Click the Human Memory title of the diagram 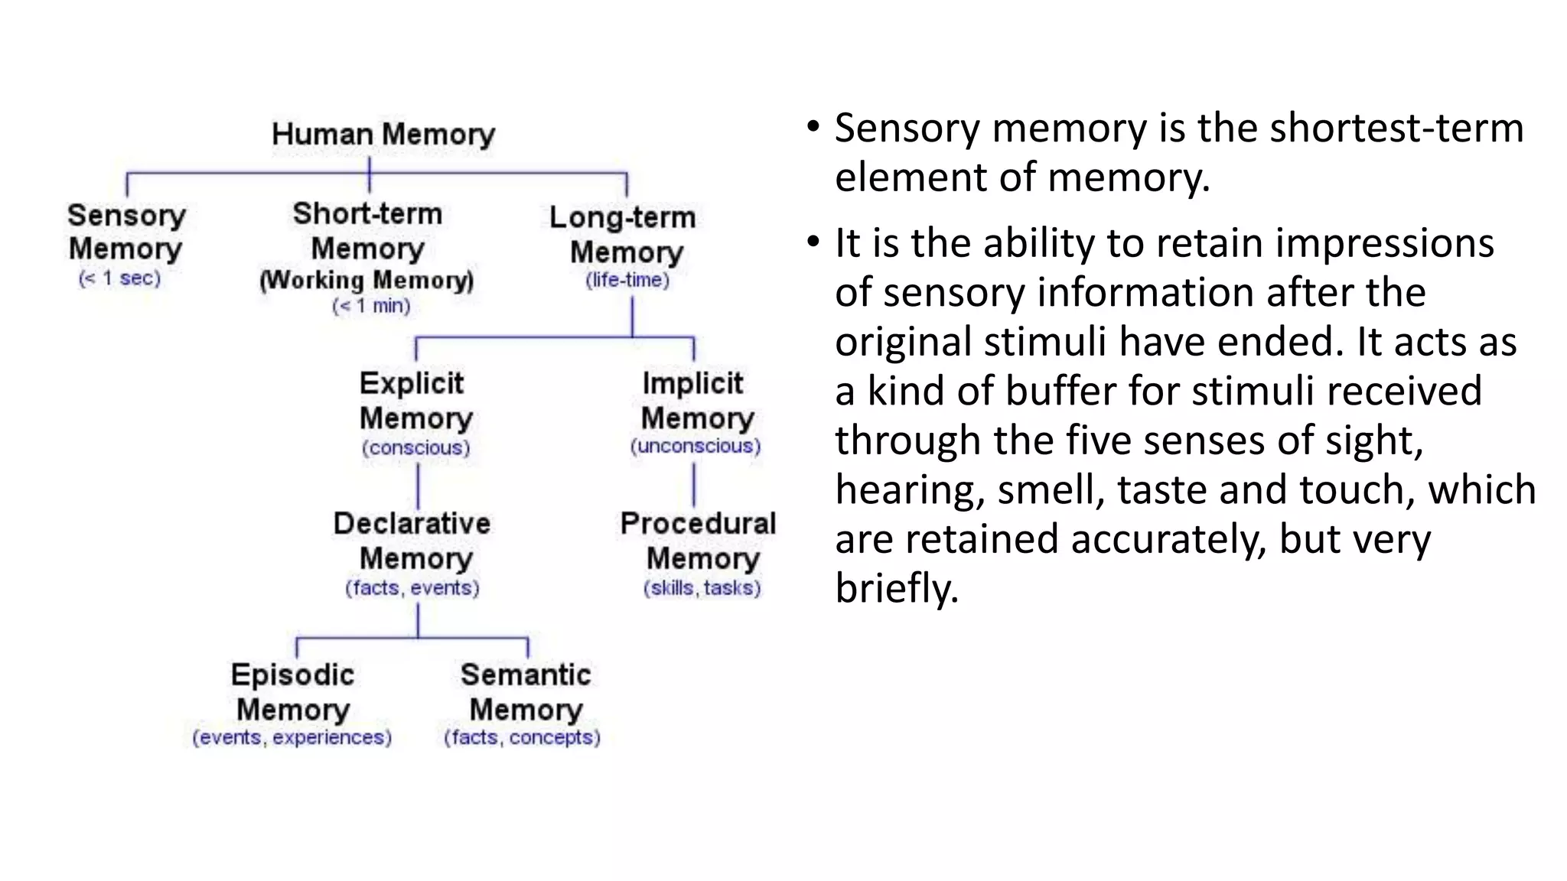click(383, 135)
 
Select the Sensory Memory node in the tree click(126, 232)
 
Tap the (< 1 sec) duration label click(120, 278)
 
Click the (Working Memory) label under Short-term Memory click(367, 280)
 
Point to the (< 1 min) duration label click(372, 307)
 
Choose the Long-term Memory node click(624, 234)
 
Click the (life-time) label click(627, 280)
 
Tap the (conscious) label click(416, 447)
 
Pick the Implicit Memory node click(696, 401)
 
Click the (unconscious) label click(696, 446)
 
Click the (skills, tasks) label click(702, 588)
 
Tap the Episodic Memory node click(293, 692)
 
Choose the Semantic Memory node click(526, 692)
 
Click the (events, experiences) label click(292, 737)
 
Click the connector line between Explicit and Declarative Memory click(418, 486)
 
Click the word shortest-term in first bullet click(1396, 128)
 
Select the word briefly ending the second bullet click(897, 588)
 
